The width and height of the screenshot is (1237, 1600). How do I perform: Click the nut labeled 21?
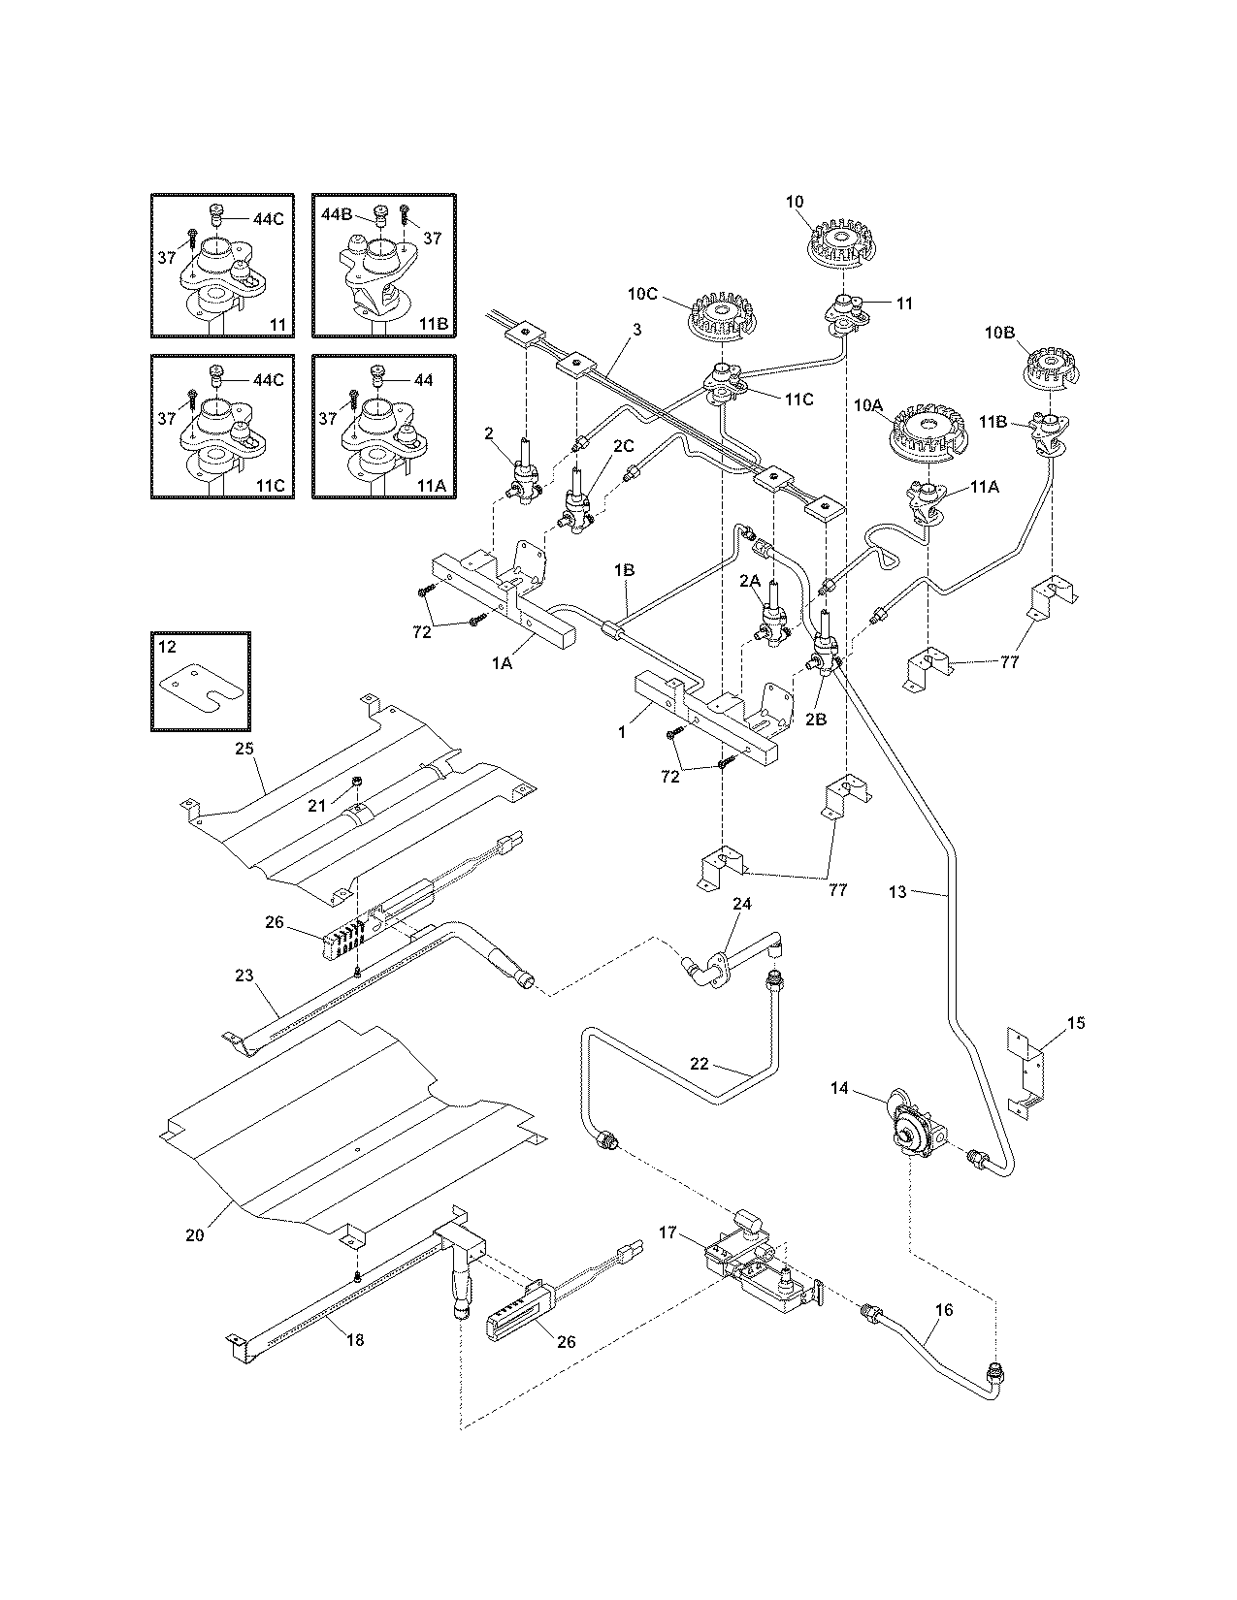[x=357, y=781]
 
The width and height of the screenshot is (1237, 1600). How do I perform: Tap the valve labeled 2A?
[x=773, y=615]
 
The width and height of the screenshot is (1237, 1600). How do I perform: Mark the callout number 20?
[x=195, y=1235]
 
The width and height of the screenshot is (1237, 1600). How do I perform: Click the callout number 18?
[x=355, y=1340]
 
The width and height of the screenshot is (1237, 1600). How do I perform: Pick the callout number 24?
[x=742, y=904]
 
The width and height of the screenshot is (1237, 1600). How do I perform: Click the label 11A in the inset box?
[x=423, y=486]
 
